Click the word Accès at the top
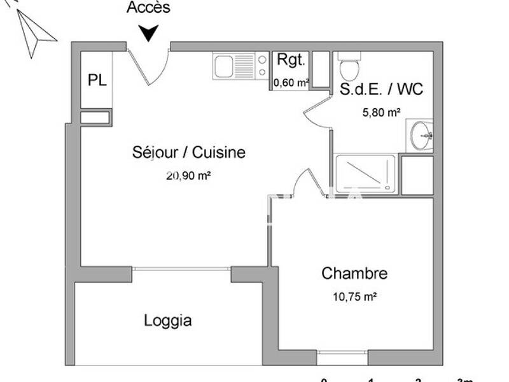point(148,8)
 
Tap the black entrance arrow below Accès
point(148,32)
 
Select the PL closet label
point(97,80)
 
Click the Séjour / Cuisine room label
point(189,153)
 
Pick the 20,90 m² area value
point(188,176)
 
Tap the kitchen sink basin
point(223,66)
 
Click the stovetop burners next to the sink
point(262,66)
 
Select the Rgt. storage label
point(291,60)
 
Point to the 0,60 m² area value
point(291,82)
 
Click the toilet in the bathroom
point(349,67)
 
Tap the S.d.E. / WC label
point(381,89)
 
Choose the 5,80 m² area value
point(381,112)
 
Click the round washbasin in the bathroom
point(420,135)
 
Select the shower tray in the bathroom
point(365,172)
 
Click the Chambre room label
point(354,274)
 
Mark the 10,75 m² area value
point(355,296)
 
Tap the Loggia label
point(168,320)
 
